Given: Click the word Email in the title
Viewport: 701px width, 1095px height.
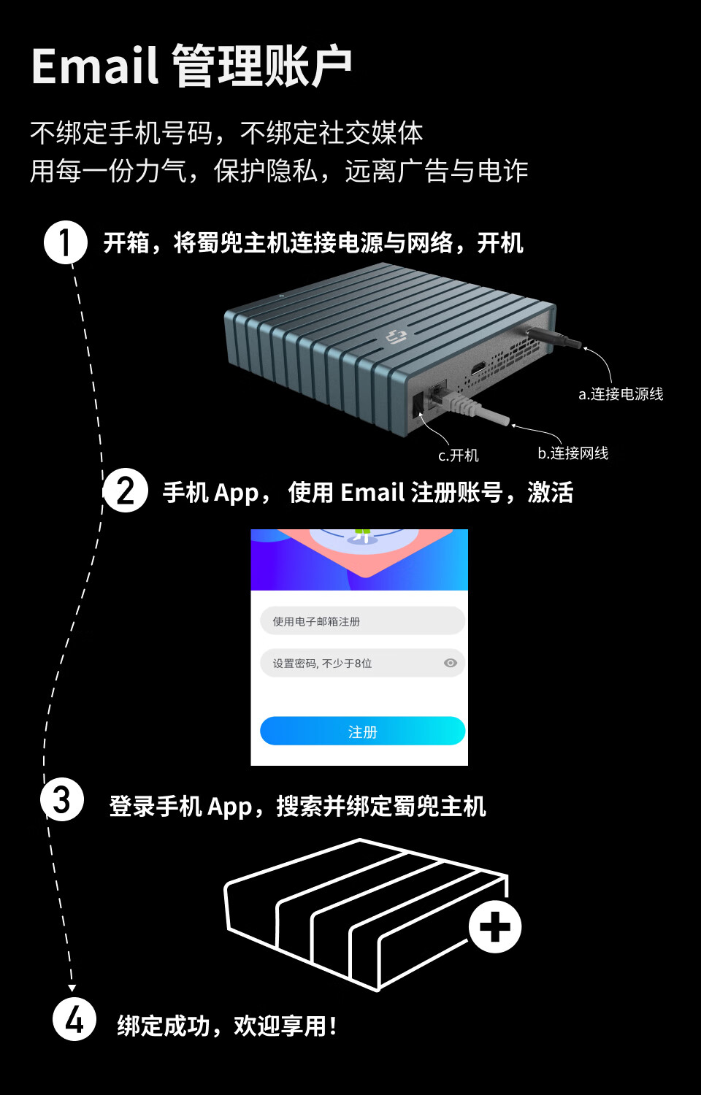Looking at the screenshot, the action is pos(95,66).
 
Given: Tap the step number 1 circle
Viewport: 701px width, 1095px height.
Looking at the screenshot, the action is pos(66,242).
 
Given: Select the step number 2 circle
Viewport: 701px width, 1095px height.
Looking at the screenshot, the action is pos(126,491).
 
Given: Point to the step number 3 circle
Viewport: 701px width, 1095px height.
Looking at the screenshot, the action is pos(62,799).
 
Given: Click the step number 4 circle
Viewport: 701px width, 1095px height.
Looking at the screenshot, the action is pos(74,1019).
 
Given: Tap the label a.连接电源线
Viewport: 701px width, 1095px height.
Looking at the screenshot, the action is pos(621,394).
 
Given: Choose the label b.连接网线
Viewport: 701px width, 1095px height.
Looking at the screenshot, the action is pos(573,453).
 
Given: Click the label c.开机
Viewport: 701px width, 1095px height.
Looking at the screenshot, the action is pos(459,456).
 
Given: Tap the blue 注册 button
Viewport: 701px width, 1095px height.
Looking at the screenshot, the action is pos(362,731).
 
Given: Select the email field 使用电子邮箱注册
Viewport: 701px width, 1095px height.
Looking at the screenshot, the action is pos(362,621).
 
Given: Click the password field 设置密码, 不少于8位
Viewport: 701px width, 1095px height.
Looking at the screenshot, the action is pos(350,663).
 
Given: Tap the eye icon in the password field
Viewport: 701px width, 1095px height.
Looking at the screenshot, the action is pos(451,663).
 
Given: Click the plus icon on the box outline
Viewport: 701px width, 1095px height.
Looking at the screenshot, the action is pos(495,927).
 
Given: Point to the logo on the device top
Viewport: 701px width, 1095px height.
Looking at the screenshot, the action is pos(395,337).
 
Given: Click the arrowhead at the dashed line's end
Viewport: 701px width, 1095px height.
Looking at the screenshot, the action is pos(72,988).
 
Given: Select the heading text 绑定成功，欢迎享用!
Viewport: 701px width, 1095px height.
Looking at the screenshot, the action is pos(227,1026).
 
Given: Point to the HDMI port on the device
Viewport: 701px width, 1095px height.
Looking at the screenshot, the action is pos(478,368).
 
